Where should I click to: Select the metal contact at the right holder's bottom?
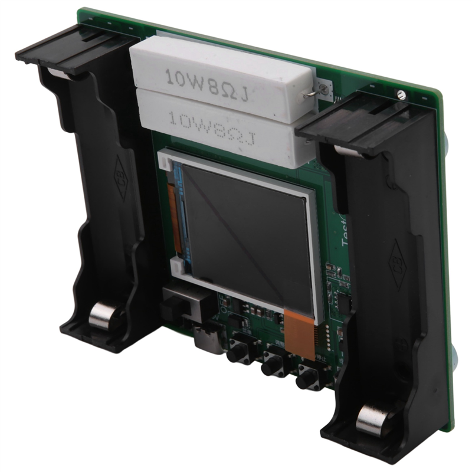pyautogui.click(x=371, y=419)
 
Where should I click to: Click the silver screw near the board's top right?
pyautogui.click(x=401, y=93)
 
